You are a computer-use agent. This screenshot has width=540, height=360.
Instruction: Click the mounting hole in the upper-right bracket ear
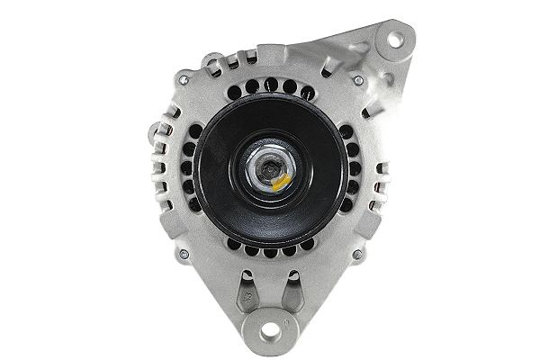pos(393,39)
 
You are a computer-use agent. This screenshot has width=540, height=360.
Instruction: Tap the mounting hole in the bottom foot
pos(271,331)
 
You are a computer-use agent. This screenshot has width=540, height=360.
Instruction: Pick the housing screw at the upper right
pos(358,80)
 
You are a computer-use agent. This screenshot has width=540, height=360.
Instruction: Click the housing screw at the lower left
pos(184,255)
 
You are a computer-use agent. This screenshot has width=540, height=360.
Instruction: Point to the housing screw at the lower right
pos(357,255)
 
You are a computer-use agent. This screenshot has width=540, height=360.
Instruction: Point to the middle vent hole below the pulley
pos(270,253)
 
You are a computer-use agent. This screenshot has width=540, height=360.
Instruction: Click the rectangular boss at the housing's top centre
pos(270,55)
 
